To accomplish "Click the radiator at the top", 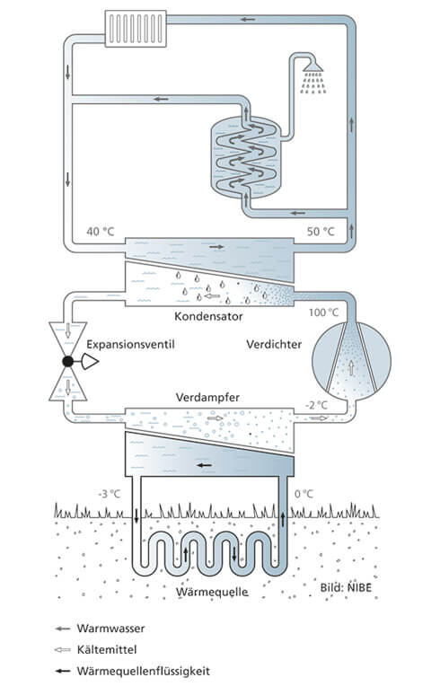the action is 136,29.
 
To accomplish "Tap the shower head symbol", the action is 313,66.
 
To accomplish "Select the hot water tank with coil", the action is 245,157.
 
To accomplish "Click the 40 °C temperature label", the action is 101,232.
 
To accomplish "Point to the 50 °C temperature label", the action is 321,232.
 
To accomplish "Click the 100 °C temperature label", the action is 323,312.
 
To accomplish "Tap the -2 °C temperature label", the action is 316,405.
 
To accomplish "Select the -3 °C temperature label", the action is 109,494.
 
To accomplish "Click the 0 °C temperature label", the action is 304,494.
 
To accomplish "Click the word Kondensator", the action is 208,316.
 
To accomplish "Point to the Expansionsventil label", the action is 130,345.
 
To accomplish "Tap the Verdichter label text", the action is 274,345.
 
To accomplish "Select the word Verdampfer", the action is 207,397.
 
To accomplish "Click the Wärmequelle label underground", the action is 212,592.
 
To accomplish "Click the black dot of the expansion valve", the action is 67,362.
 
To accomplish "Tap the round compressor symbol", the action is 351,360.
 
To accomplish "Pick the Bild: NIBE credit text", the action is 346,588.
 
